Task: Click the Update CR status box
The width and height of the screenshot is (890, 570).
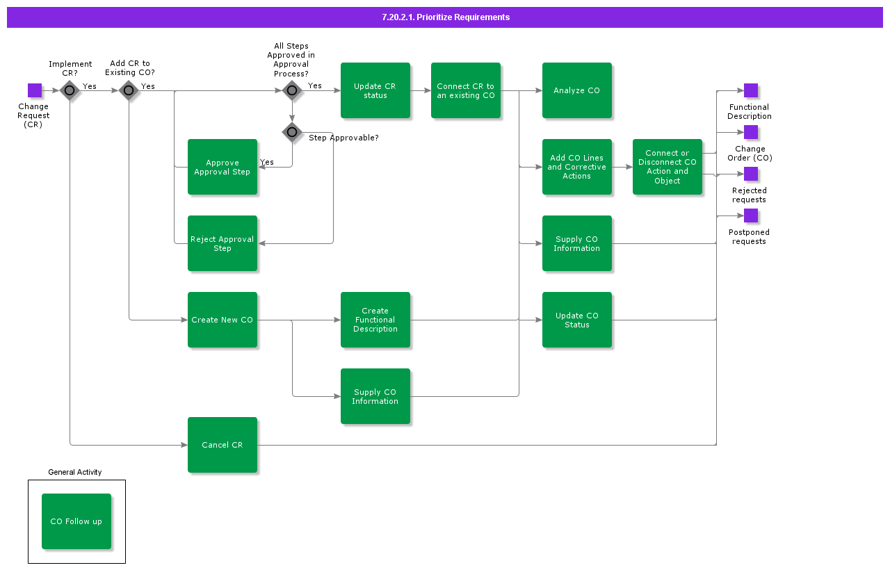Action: [375, 90]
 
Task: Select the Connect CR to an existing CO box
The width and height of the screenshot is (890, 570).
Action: [465, 90]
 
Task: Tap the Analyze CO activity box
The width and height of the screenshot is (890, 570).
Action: [576, 90]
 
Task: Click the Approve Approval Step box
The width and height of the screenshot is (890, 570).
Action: [222, 167]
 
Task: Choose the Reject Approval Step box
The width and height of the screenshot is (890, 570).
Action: [222, 243]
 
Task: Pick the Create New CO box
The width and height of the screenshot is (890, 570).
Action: [222, 320]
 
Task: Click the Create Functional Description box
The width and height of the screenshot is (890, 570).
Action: [375, 320]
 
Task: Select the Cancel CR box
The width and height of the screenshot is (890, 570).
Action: [222, 445]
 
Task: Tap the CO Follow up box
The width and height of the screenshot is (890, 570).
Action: [76, 521]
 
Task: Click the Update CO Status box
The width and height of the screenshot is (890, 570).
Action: [576, 320]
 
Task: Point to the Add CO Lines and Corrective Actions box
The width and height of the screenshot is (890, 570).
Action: [576, 167]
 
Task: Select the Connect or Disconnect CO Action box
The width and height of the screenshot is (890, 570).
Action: [667, 167]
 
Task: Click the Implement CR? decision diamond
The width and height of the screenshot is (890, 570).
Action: [70, 90]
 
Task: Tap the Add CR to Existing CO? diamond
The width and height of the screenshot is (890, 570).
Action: [129, 90]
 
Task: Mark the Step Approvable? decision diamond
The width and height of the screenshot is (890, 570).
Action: [292, 132]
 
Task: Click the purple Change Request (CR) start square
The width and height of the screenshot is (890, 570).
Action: [35, 90]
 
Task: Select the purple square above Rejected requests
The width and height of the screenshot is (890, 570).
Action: [751, 174]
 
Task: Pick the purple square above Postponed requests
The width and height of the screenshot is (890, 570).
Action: [751, 215]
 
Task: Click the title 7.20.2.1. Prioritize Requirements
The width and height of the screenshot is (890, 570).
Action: [445, 17]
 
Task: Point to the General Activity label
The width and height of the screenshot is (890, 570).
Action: [75, 472]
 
